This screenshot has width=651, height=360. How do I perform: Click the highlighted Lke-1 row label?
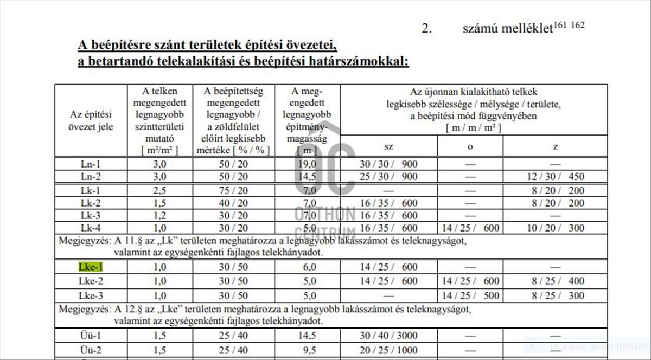click(91, 267)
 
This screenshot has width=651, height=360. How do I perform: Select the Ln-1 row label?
click(91, 163)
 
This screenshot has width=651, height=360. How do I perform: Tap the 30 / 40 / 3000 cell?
click(388, 336)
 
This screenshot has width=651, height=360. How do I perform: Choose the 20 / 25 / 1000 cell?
click(388, 350)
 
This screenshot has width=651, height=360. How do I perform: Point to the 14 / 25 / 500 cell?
click(470, 295)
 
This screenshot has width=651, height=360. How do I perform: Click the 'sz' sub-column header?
click(388, 146)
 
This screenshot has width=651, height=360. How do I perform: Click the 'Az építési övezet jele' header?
click(91, 121)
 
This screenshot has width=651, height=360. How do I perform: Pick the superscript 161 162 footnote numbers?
click(570, 25)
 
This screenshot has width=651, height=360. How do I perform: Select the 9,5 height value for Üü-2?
click(308, 350)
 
